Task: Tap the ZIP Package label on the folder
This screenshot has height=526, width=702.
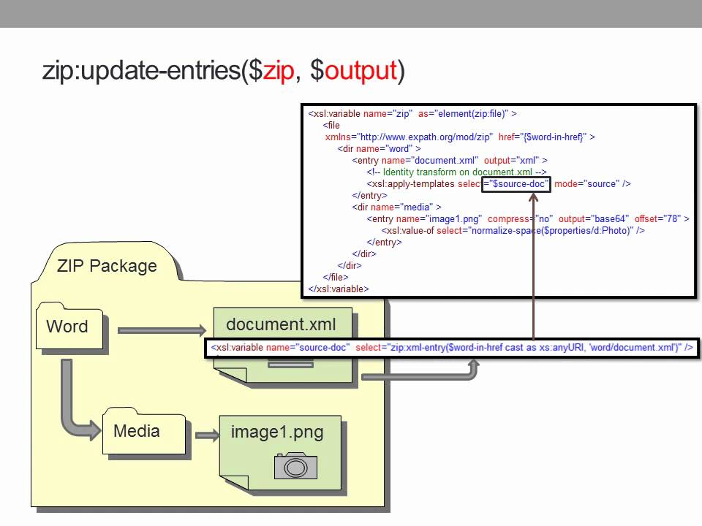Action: coord(107,265)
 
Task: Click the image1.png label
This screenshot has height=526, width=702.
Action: coord(277,432)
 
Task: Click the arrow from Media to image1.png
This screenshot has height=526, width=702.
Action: coord(207,435)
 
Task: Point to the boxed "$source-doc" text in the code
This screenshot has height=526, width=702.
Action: coord(516,184)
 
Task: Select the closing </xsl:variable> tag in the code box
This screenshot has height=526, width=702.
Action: coord(339,289)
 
